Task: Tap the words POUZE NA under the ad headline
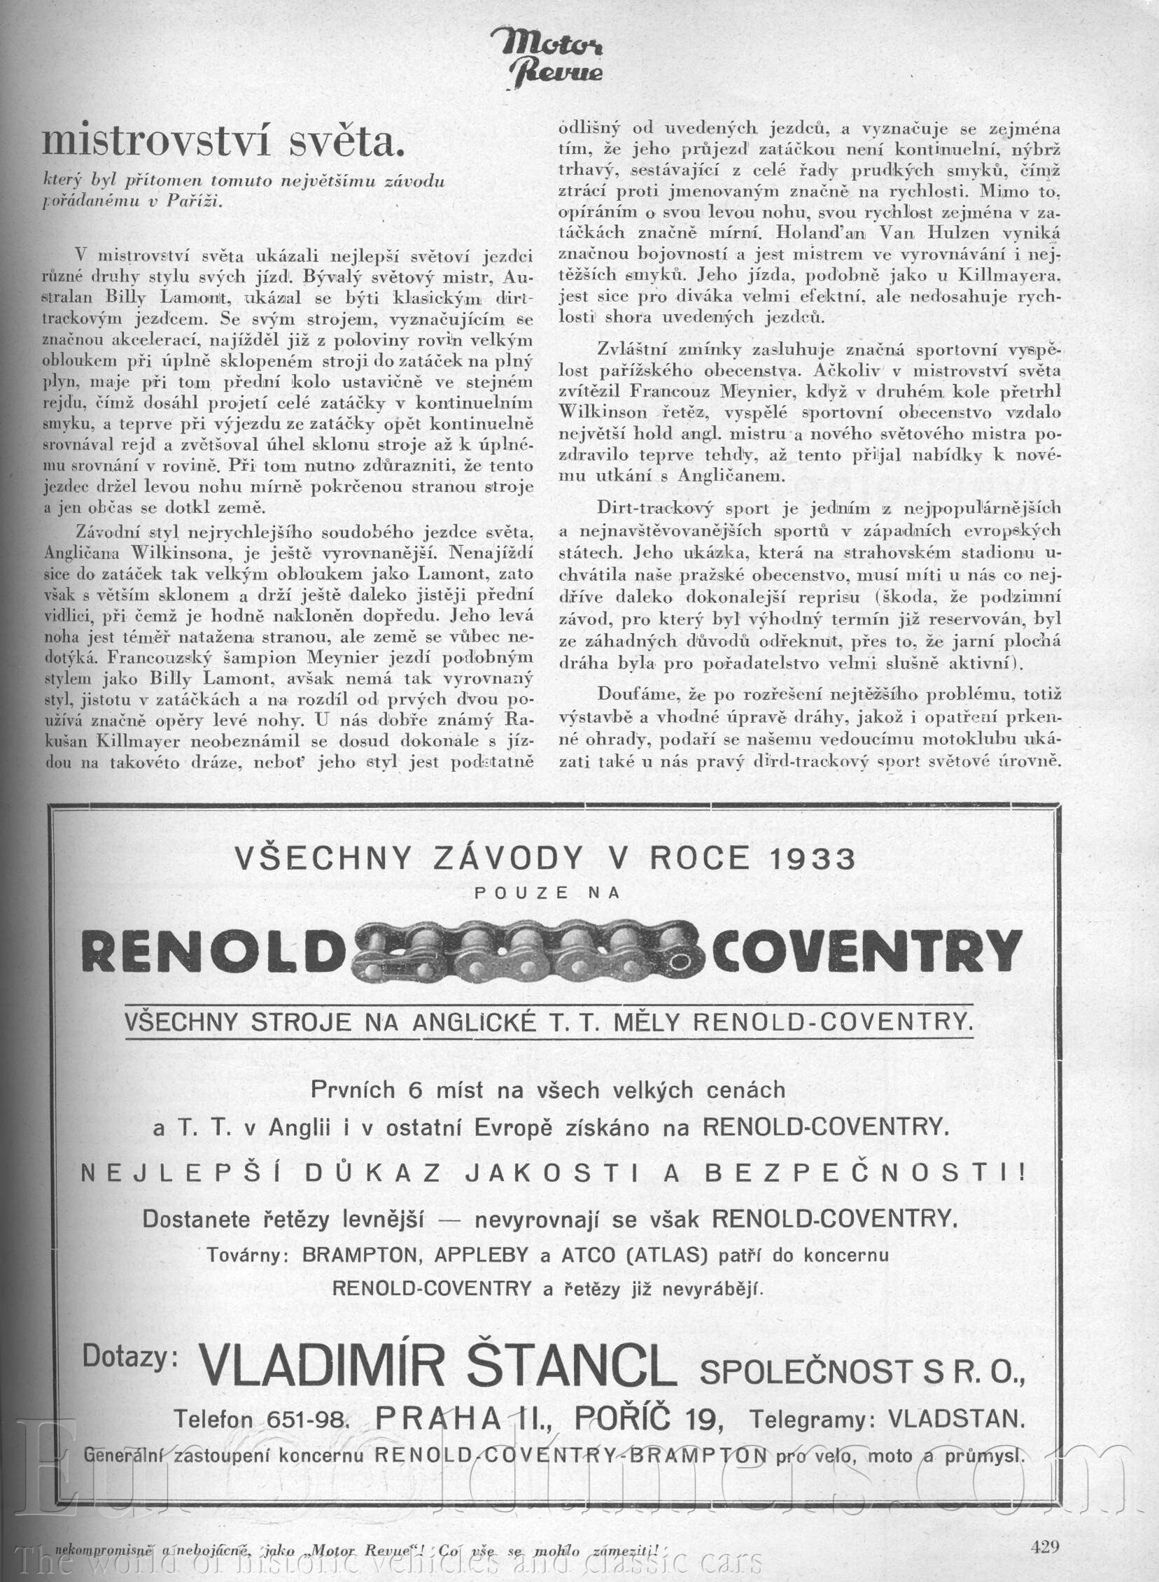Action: pos(547,893)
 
